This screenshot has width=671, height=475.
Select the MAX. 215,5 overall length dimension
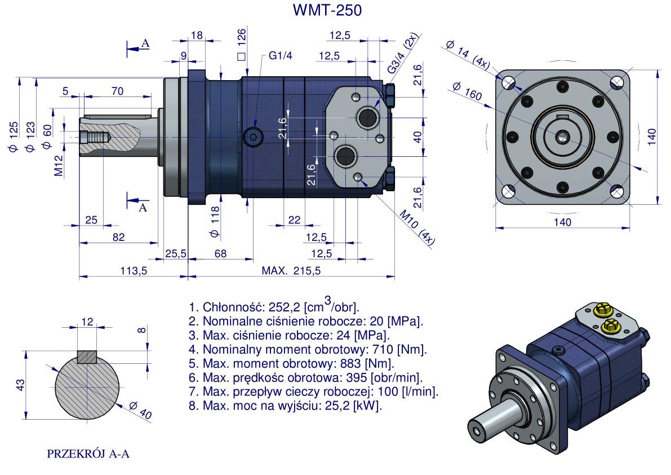[291, 271]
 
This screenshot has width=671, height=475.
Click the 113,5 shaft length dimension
[134, 271]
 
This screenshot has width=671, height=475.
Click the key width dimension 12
[87, 322]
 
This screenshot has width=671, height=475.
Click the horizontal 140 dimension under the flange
[562, 222]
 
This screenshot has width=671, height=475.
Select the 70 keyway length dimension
[117, 91]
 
